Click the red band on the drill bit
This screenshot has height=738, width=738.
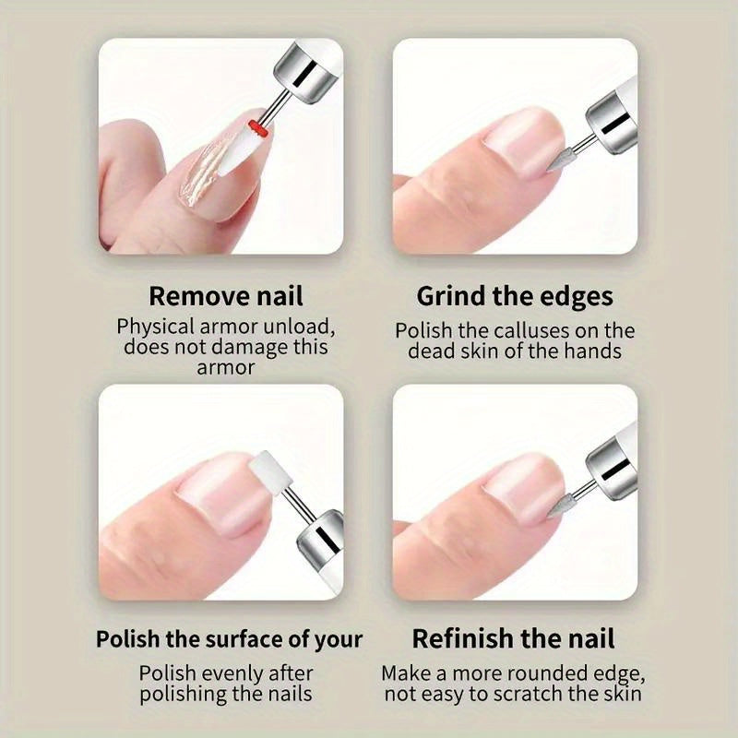click(258, 128)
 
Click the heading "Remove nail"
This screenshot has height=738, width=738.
click(226, 296)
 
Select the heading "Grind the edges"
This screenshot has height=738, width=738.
click(515, 297)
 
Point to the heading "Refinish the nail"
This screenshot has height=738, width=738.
click(514, 639)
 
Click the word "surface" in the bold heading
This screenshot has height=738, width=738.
click(244, 639)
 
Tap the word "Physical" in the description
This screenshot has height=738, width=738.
click(155, 327)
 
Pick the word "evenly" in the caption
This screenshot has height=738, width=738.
click(234, 674)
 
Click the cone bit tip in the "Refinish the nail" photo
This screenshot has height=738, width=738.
click(548, 516)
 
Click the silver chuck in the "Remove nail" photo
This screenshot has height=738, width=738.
click(304, 71)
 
